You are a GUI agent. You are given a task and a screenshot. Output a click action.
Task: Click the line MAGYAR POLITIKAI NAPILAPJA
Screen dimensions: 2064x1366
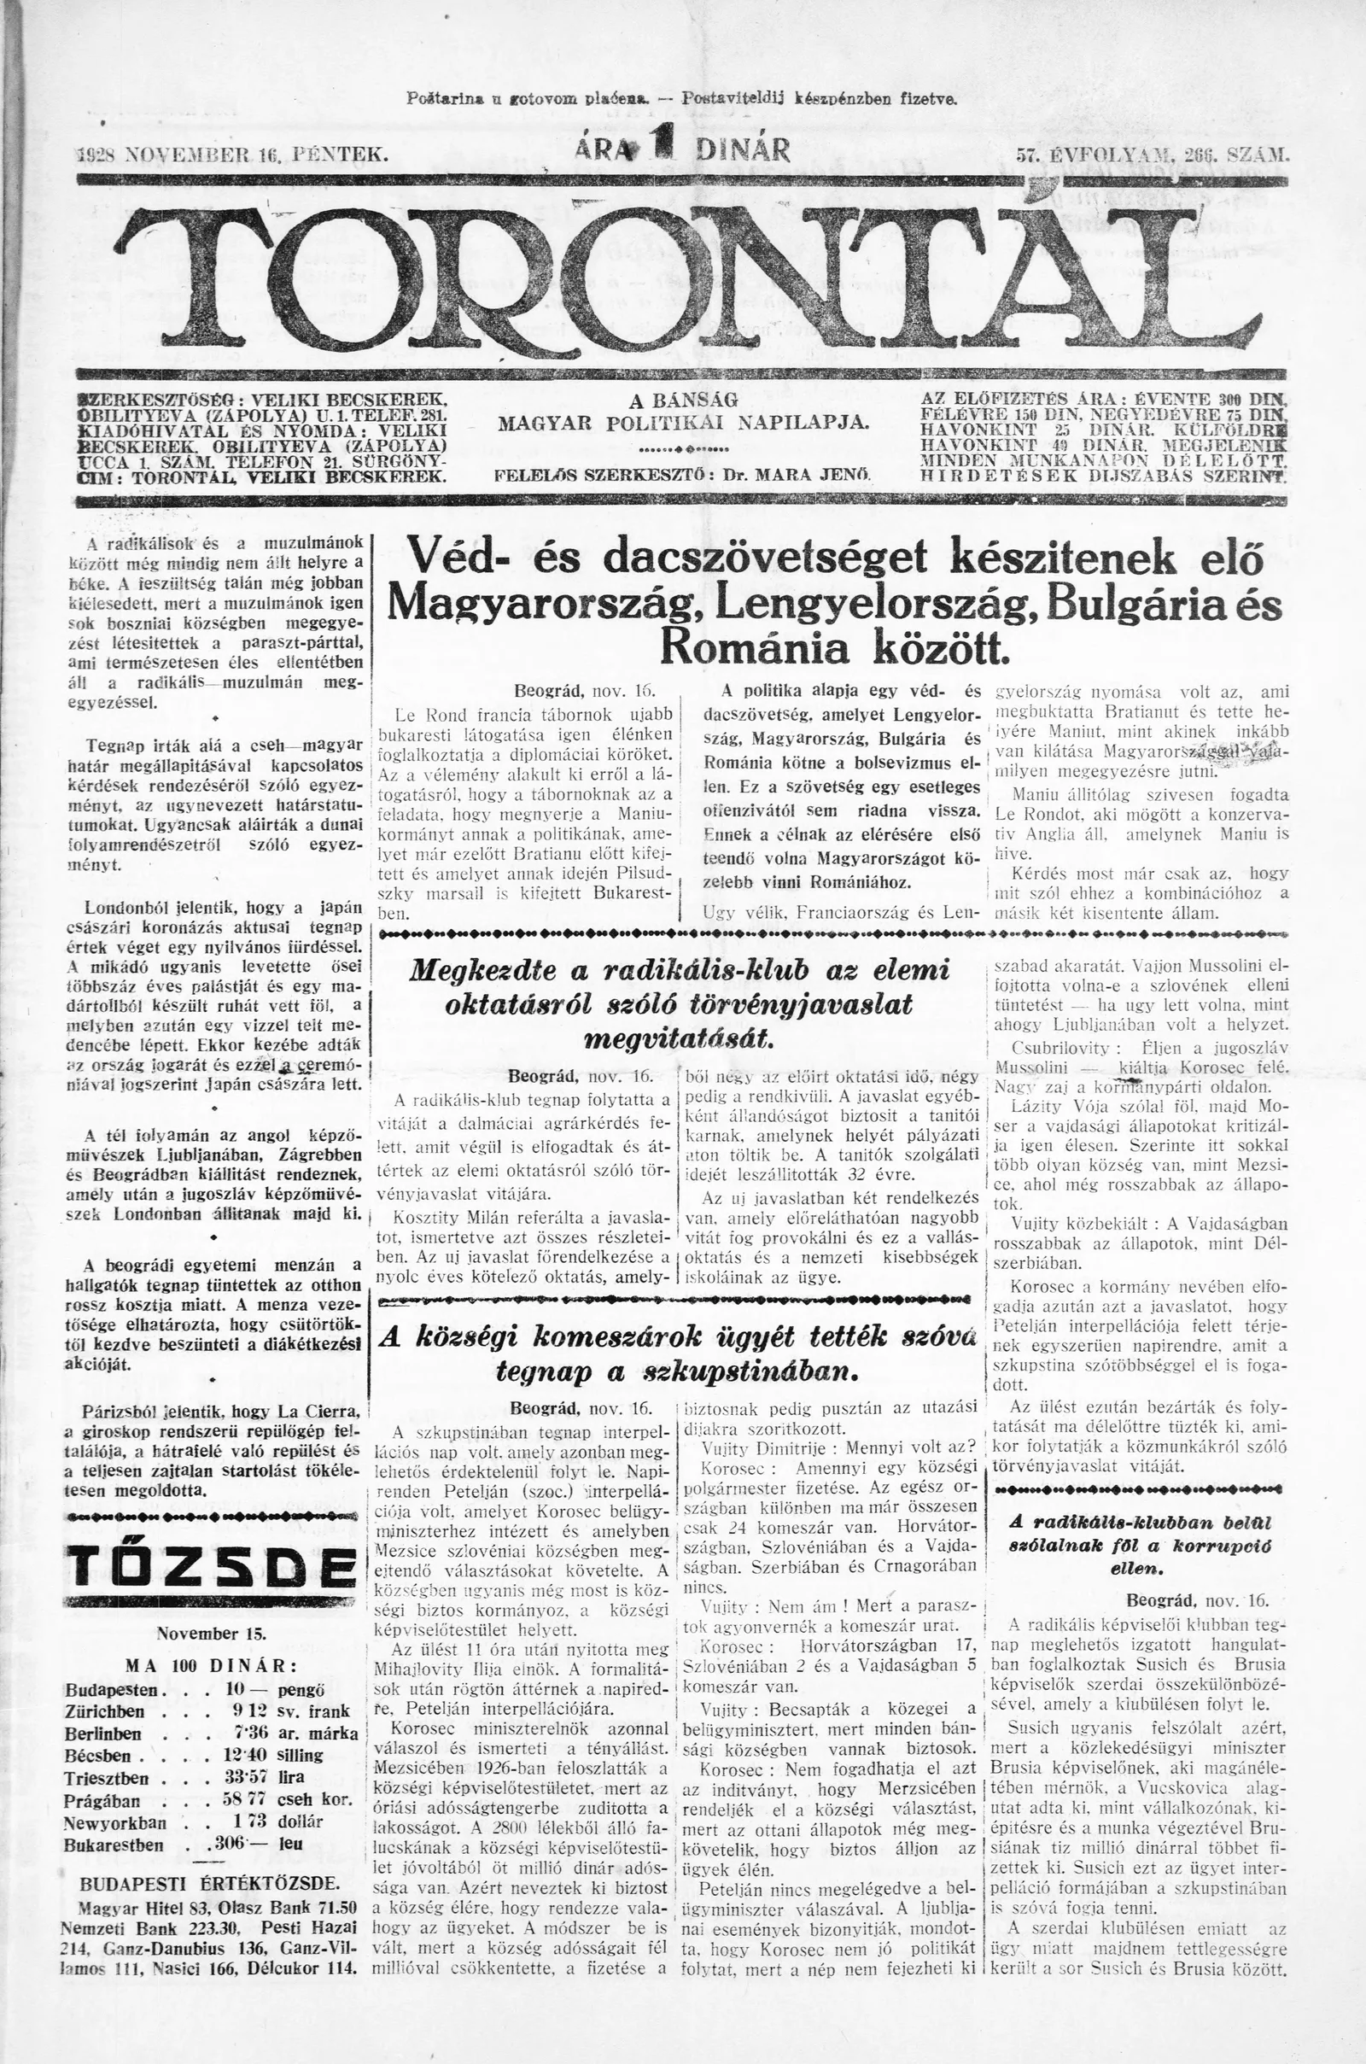683,424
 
